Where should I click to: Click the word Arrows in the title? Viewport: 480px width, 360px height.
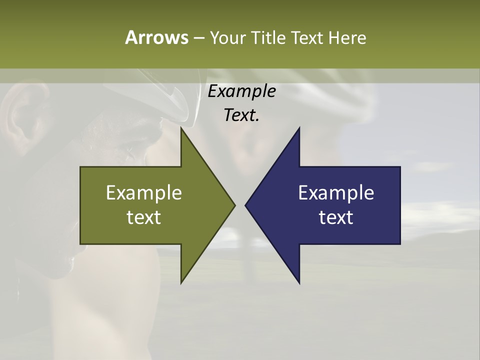click(x=156, y=37)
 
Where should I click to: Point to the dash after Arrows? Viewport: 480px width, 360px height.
click(x=198, y=38)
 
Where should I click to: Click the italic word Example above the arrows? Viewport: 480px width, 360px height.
click(x=242, y=91)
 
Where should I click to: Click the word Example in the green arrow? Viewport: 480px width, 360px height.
click(x=144, y=193)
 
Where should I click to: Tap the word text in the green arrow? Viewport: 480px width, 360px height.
click(x=144, y=217)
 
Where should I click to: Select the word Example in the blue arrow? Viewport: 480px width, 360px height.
click(x=336, y=193)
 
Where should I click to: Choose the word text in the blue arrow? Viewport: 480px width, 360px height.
click(x=336, y=217)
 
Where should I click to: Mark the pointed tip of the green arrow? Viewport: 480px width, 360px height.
click(x=234, y=205)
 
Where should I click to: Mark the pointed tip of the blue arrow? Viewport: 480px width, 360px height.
click(x=246, y=205)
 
